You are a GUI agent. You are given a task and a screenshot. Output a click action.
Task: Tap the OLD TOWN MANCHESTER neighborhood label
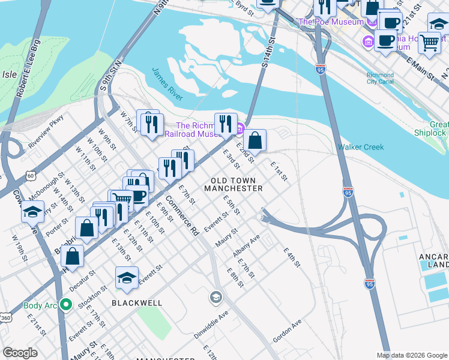[234, 184]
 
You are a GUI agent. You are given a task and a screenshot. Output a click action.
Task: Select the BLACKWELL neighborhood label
[137, 303]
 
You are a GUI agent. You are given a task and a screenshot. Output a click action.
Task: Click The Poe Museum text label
[331, 22]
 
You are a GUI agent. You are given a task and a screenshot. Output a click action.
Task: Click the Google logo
[20, 353]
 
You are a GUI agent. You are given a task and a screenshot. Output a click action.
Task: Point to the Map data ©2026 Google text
[411, 355]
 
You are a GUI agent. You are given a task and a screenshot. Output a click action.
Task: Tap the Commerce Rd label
[182, 215]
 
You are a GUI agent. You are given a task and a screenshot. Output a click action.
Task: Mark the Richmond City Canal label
[380, 79]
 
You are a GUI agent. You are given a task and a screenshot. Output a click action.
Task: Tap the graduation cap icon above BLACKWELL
[127, 277]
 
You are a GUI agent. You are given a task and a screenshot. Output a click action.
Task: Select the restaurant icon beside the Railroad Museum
[226, 123]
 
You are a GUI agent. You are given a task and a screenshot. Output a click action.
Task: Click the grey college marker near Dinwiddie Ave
[215, 297]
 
